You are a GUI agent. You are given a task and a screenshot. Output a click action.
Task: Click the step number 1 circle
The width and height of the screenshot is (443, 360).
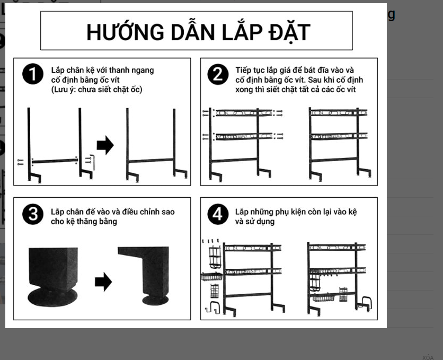33,74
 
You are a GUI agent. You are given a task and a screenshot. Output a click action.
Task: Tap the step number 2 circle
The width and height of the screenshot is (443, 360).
218,74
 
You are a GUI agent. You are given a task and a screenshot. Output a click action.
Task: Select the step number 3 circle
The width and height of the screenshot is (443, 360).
33,214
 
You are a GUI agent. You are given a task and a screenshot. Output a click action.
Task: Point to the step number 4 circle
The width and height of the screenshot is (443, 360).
218,214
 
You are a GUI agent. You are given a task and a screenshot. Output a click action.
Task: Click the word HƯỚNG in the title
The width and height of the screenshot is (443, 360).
125,32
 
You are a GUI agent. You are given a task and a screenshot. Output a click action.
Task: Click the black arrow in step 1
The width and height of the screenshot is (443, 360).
105,145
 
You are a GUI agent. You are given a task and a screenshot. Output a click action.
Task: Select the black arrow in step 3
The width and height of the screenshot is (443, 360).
103,282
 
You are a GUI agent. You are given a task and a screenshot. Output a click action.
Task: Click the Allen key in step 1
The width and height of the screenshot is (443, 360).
93,162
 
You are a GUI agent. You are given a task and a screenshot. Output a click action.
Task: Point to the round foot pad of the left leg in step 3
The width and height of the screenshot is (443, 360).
52,297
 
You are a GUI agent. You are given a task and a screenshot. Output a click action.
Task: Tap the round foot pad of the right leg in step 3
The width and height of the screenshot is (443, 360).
155,300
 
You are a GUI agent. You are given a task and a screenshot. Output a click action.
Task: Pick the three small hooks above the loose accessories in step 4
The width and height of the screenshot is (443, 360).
210,241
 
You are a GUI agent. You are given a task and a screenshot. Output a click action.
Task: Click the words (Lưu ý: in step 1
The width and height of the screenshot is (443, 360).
64,90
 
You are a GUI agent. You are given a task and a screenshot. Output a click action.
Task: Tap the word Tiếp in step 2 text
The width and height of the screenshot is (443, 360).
243,71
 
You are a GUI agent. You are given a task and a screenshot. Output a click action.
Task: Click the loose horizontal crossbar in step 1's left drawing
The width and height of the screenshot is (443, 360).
55,161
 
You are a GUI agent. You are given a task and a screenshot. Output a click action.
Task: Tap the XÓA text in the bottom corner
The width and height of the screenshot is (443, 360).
428,357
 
